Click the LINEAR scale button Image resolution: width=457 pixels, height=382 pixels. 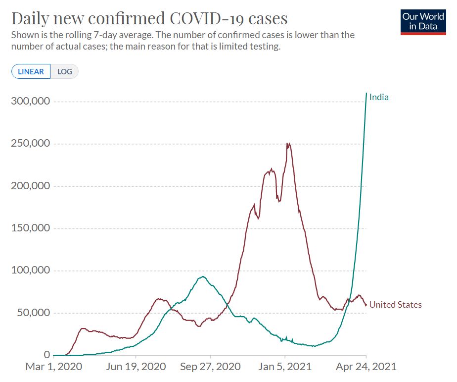pyautogui.click(x=31, y=71)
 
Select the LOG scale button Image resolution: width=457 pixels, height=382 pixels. pyautogui.click(x=65, y=71)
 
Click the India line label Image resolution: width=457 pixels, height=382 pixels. pyautogui.click(x=379, y=97)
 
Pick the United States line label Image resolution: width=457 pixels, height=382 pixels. pyautogui.click(x=395, y=305)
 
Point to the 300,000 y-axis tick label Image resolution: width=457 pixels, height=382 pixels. pyautogui.click(x=30, y=101)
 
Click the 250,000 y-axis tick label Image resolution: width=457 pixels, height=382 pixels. pyautogui.click(x=30, y=144)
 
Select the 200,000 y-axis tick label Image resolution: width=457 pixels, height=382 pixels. pyautogui.click(x=30, y=186)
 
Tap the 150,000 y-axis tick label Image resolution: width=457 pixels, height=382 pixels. pyautogui.click(x=30, y=228)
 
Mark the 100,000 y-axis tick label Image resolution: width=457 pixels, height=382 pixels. pyautogui.click(x=30, y=271)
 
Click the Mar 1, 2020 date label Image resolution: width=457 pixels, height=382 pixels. pyautogui.click(x=53, y=367)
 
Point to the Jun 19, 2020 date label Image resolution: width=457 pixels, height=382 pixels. pyautogui.click(x=136, y=367)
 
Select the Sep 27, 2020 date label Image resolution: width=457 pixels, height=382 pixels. pyautogui.click(x=210, y=367)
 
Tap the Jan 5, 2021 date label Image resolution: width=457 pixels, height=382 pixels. pyautogui.click(x=285, y=367)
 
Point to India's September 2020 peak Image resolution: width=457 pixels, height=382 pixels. pyautogui.click(x=202, y=276)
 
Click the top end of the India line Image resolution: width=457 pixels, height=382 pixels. pyautogui.click(x=366, y=93)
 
